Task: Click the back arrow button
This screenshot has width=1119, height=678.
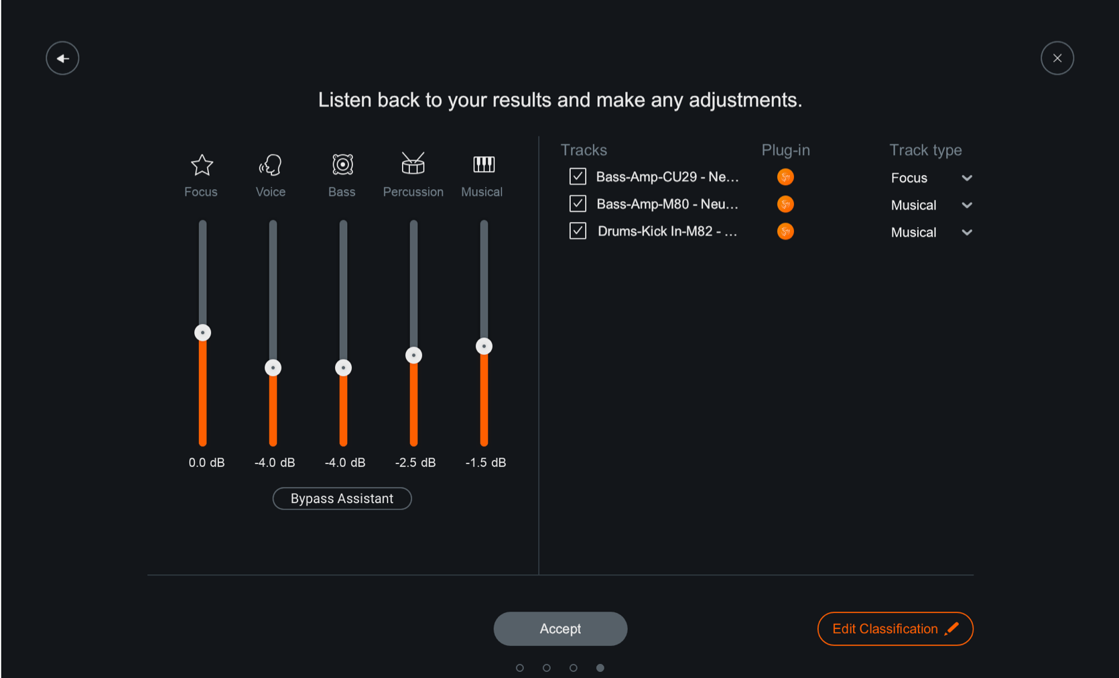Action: pyautogui.click(x=62, y=58)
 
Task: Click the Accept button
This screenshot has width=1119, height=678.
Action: pyautogui.click(x=560, y=628)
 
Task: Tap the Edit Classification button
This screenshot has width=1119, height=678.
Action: pyautogui.click(x=895, y=628)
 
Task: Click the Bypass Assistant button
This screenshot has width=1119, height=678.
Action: pyautogui.click(x=342, y=498)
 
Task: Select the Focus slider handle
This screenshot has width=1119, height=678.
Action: pyautogui.click(x=202, y=333)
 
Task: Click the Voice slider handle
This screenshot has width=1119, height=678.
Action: pyautogui.click(x=273, y=368)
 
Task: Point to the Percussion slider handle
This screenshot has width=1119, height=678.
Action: pyautogui.click(x=413, y=355)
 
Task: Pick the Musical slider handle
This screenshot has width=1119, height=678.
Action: pyautogui.click(x=484, y=346)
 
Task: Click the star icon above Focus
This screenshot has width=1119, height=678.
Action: pyautogui.click(x=202, y=165)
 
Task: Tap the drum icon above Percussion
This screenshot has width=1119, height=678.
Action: pyautogui.click(x=413, y=163)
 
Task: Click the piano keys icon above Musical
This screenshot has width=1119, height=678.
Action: pyautogui.click(x=483, y=164)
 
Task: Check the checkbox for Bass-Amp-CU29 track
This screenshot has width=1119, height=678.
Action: pyautogui.click(x=578, y=176)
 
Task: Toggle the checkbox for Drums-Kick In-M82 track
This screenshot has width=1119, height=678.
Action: pyautogui.click(x=578, y=231)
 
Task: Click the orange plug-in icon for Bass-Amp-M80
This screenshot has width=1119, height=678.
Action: pyautogui.click(x=785, y=204)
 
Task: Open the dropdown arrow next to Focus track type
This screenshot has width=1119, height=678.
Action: pyautogui.click(x=966, y=178)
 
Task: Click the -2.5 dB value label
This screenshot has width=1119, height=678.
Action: pyautogui.click(x=415, y=462)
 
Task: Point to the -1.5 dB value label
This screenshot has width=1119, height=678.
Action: pyautogui.click(x=486, y=462)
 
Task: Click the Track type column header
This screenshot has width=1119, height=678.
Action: pyautogui.click(x=925, y=150)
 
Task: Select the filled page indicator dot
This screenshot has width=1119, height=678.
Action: pyautogui.click(x=600, y=667)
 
